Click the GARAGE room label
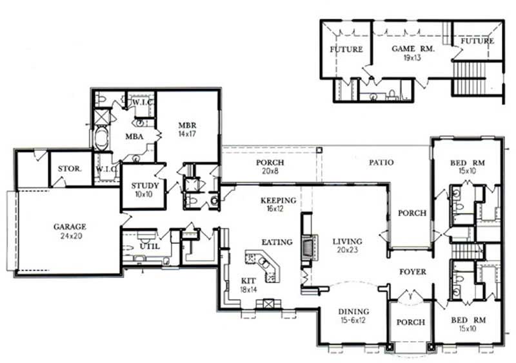(70, 227)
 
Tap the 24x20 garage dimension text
(70, 236)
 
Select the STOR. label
(70, 169)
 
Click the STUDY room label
(141, 186)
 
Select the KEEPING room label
(278, 200)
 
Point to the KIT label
(248, 281)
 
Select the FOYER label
(412, 272)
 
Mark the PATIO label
(381, 163)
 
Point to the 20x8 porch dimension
(270, 172)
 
